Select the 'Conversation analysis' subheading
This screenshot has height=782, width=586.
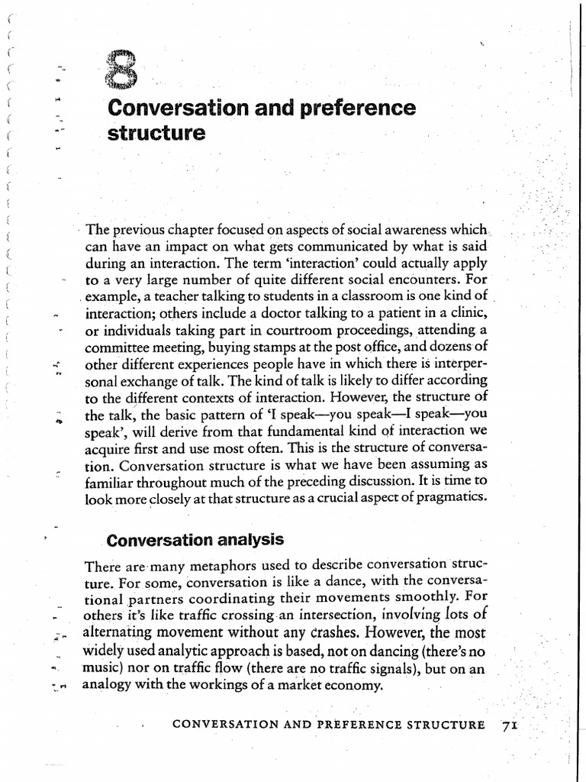[195, 540]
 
